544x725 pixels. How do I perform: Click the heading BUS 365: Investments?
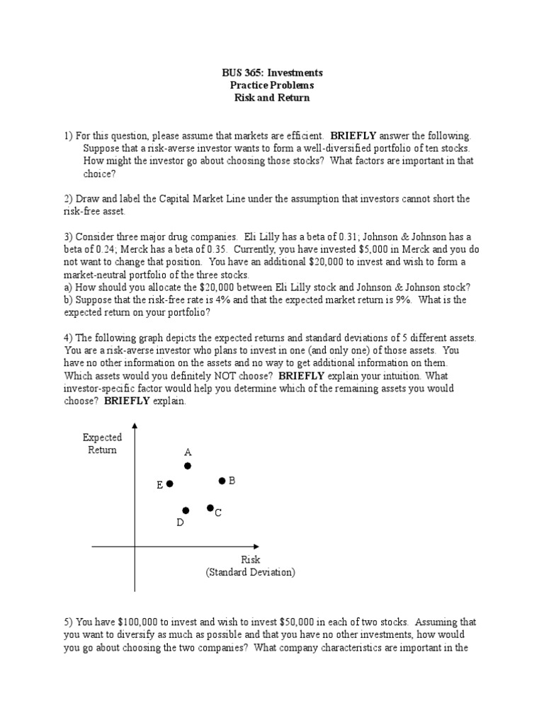coord(272,73)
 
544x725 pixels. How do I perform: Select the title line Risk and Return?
coord(272,98)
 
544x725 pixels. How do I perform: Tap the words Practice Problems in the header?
coord(272,86)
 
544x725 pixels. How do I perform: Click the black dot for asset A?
coord(188,466)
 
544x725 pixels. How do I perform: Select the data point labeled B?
coord(222,481)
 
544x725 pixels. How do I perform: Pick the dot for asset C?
coord(210,508)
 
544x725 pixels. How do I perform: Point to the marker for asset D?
coord(186,510)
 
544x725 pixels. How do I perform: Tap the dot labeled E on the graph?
coord(169,484)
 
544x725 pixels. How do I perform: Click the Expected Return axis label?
coord(102,444)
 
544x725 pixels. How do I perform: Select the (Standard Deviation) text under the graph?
coord(251,572)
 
